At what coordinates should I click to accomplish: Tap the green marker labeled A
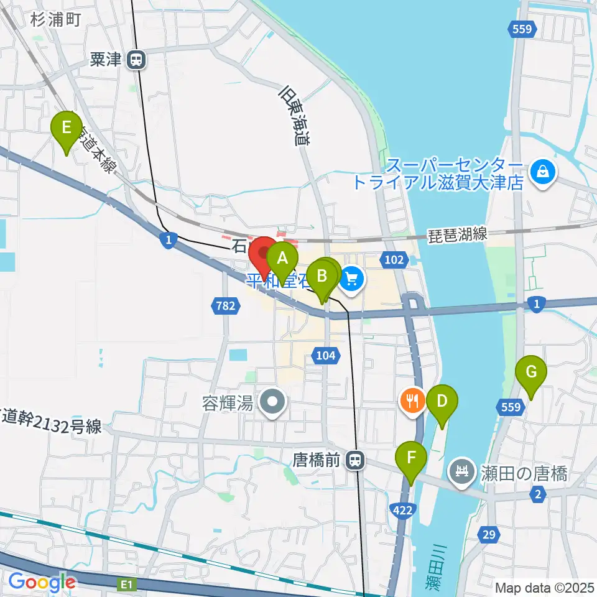coord(283,258)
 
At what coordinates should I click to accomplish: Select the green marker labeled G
coord(532,373)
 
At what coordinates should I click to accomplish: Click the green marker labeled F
coord(411,459)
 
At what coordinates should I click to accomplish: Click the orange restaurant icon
coord(412,400)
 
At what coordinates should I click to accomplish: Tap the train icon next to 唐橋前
coord(355,461)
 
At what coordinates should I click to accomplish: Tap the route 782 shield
coord(224,304)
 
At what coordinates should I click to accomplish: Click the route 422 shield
coord(402,510)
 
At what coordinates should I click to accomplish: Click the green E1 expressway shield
coord(127,584)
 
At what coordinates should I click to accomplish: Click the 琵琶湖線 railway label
coord(458,236)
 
